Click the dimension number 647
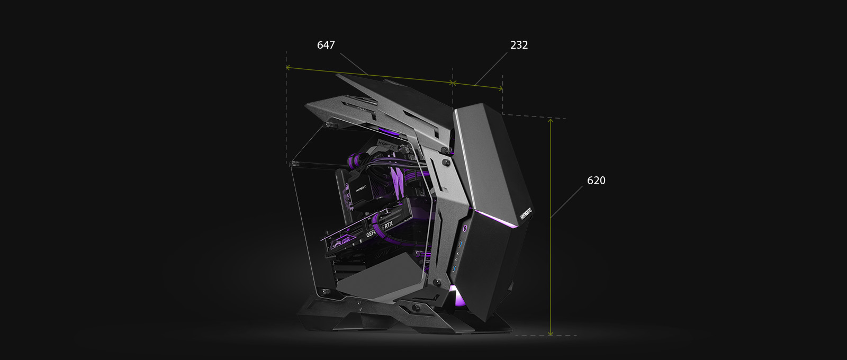pyautogui.click(x=326, y=45)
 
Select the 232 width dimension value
pyautogui.click(x=519, y=45)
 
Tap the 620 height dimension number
pyautogui.click(x=596, y=181)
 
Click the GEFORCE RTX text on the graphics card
pyautogui.click(x=380, y=229)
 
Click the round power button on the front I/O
pyautogui.click(x=464, y=229)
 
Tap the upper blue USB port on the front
pyautogui.click(x=461, y=244)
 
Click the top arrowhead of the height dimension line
pyautogui.click(x=551, y=121)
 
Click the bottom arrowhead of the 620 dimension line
pyautogui.click(x=551, y=332)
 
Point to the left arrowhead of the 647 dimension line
pyautogui.click(x=288, y=68)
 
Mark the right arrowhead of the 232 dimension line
pyautogui.click(x=500, y=88)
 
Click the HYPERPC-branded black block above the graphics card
pyautogui.click(x=359, y=188)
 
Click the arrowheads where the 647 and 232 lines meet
pyautogui.click(x=452, y=83)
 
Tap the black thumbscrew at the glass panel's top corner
pyautogui.click(x=331, y=125)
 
